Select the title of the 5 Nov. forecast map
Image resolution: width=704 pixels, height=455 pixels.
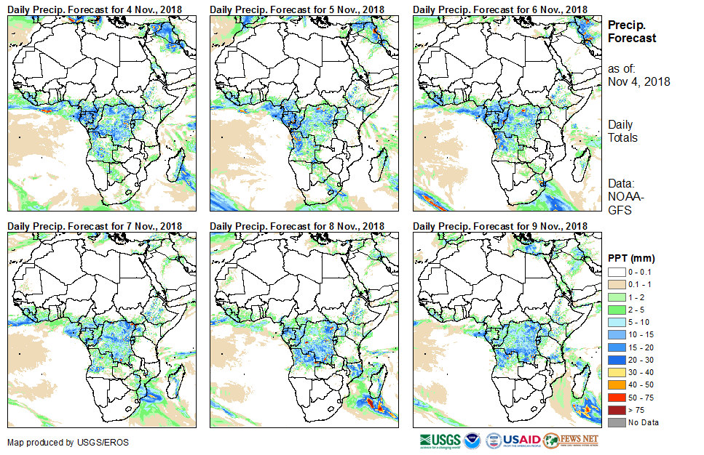click(297, 9)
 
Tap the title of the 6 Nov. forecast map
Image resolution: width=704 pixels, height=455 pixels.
click(499, 9)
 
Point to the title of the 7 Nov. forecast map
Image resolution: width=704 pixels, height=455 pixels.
click(95, 226)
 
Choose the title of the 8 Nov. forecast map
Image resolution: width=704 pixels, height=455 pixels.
click(297, 226)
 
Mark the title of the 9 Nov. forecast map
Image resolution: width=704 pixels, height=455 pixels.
click(499, 226)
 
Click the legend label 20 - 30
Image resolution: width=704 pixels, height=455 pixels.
click(641, 360)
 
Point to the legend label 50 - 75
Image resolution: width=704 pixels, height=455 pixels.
click(641, 398)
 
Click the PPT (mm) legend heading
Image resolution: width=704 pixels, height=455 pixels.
click(631, 258)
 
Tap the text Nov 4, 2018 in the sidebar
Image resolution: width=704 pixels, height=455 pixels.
click(638, 82)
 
